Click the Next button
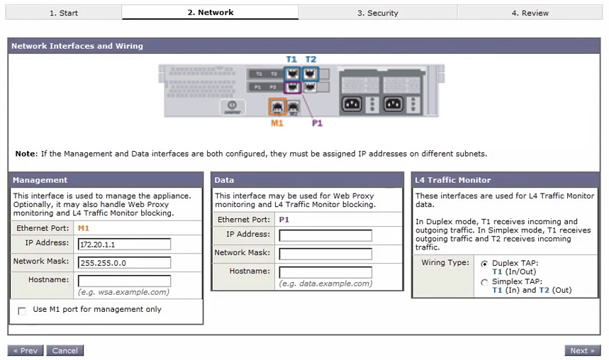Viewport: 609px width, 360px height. tap(582, 350)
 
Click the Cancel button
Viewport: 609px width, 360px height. tap(65, 350)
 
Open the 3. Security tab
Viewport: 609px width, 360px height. tap(377, 13)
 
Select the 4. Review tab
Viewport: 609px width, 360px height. tap(530, 13)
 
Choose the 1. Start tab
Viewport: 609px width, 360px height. tap(64, 13)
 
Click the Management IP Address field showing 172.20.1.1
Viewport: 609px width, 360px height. tap(124, 244)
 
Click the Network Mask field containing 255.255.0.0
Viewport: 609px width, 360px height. tap(124, 262)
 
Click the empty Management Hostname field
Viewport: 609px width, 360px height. tap(124, 281)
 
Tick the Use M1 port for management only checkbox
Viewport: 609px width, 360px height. tap(22, 310)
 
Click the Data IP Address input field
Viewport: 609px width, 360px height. tap(325, 235)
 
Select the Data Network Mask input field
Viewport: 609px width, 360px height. tap(325, 254)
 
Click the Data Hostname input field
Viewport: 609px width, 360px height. tap(325, 272)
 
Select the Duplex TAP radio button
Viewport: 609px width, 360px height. tap(484, 264)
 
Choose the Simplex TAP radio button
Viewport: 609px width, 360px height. tap(484, 282)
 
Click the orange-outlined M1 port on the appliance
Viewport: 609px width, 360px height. tap(277, 106)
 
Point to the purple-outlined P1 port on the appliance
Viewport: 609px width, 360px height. tap(293, 87)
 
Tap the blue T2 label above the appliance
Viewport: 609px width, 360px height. tap(311, 60)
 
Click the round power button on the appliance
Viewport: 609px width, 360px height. tap(232, 105)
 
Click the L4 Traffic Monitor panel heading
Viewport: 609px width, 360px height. tap(453, 180)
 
